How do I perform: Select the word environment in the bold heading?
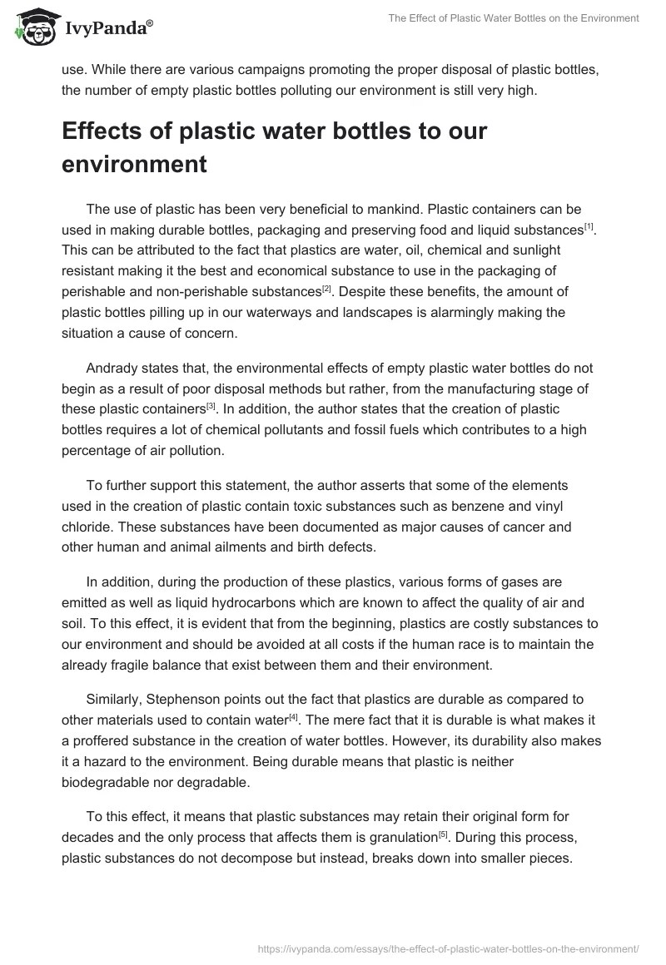(134, 164)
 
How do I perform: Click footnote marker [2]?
(327, 289)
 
